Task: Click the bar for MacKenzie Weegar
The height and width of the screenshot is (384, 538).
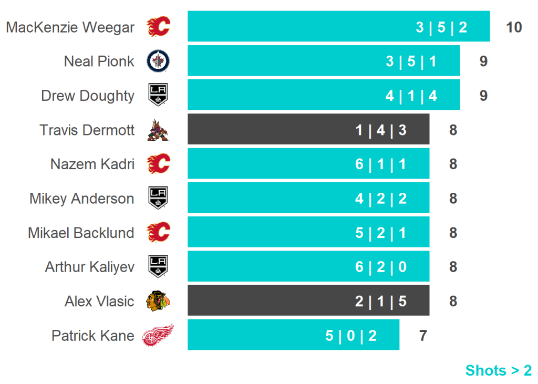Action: click(x=338, y=27)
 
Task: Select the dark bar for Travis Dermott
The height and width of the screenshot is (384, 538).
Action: click(x=308, y=129)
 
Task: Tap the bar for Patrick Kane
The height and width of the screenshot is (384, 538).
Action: click(x=293, y=335)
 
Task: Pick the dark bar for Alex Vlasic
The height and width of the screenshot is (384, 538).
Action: click(x=308, y=300)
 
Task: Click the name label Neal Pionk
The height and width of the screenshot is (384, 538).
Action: click(x=99, y=61)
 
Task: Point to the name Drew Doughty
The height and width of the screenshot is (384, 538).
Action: click(x=88, y=96)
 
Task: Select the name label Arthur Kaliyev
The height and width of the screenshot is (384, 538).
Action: click(x=89, y=267)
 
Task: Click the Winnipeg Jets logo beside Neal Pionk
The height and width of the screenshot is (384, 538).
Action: click(x=158, y=61)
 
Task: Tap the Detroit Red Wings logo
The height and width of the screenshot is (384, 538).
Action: click(x=158, y=335)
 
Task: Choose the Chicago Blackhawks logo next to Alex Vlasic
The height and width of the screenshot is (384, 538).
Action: click(x=158, y=301)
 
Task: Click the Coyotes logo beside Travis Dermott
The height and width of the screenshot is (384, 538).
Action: click(x=158, y=130)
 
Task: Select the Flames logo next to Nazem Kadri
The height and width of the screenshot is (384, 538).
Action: click(x=158, y=164)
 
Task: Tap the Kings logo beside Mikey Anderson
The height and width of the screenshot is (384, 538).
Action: click(x=158, y=198)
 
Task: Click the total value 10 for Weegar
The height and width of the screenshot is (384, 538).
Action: click(x=514, y=27)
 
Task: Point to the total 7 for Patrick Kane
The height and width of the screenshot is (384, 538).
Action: click(x=423, y=335)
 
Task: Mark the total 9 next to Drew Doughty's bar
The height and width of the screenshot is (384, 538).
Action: click(x=483, y=96)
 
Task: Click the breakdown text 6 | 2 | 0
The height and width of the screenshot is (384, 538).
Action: click(x=381, y=267)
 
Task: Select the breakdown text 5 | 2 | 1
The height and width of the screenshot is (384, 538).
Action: click(x=381, y=233)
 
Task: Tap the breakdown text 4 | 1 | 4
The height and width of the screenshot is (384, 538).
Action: click(x=411, y=96)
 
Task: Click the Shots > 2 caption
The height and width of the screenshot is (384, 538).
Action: click(x=498, y=370)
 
